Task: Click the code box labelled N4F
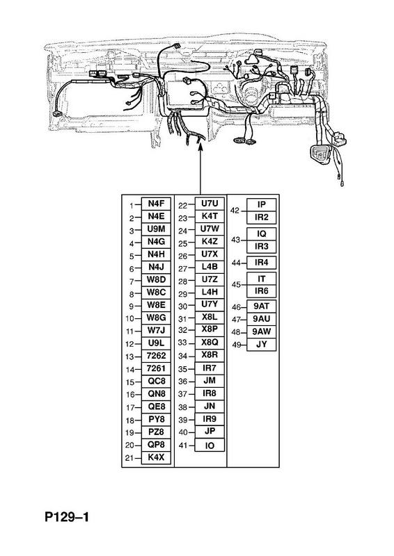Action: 157,204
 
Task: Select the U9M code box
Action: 157,229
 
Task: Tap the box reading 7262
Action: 157,356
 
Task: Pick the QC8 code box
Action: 157,382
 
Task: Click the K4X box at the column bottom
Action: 157,457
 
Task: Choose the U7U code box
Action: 210,204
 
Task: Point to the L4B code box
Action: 210,267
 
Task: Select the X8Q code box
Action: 210,343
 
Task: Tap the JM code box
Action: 210,381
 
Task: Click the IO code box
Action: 210,445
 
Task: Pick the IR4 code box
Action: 262,263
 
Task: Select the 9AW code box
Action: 262,332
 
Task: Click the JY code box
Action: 262,344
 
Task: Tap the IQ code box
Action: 262,234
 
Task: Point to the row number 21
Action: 129,458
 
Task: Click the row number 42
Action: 235,211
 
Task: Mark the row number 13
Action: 129,357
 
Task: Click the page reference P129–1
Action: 67,517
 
